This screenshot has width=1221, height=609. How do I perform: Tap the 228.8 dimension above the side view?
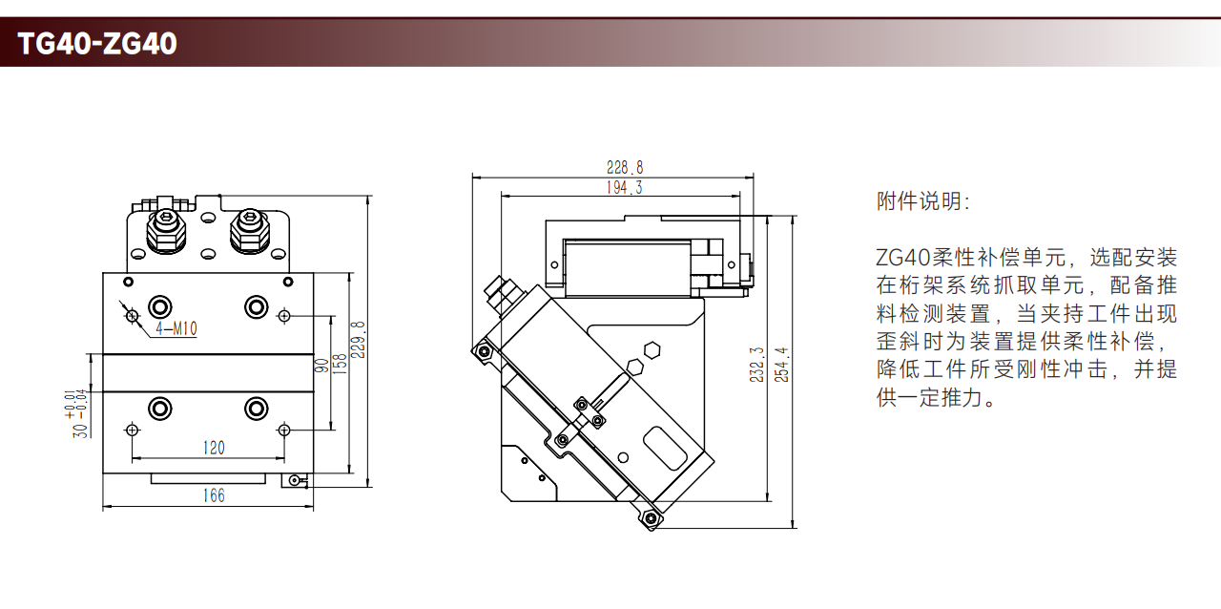click(625, 168)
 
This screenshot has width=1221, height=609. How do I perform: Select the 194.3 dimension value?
click(624, 188)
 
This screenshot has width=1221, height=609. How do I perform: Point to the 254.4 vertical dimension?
click(782, 364)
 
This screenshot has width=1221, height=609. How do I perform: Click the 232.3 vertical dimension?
click(756, 364)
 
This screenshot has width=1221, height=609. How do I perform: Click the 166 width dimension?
click(214, 495)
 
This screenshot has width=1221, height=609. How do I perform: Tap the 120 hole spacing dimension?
click(214, 448)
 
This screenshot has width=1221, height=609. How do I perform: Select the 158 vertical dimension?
click(340, 364)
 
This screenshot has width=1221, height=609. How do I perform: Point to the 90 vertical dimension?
click(321, 364)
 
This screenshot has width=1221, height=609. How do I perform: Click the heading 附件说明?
click(922, 202)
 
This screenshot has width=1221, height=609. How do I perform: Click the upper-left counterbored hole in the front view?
click(160, 306)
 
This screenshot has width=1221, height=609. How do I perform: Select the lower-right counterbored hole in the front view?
click(256, 409)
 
